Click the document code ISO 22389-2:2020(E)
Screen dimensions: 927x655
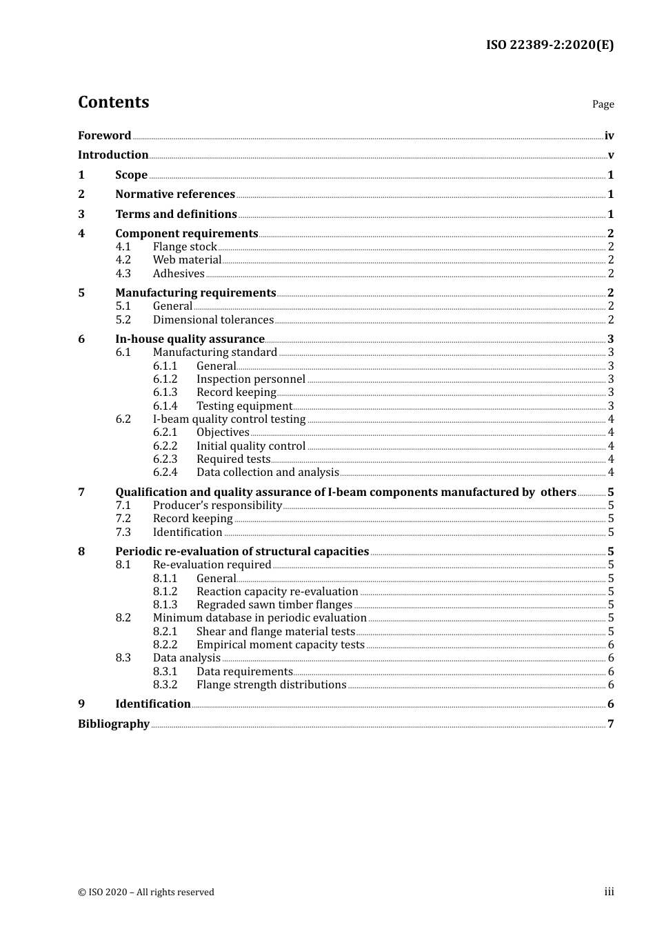[550, 45]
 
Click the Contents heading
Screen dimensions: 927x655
[113, 102]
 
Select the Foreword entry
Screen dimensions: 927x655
[104, 136]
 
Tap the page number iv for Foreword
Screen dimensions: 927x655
[609, 136]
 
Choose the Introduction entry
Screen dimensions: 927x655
[113, 155]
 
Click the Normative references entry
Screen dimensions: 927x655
[175, 195]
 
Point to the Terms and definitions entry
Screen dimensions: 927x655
[176, 215]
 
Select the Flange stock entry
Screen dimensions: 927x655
[185, 247]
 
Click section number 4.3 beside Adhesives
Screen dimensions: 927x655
[123, 274]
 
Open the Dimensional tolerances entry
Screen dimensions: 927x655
[213, 320]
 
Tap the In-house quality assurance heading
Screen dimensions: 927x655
[190, 339]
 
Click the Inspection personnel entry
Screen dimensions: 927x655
[250, 379]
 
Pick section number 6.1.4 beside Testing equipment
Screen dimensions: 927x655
[165, 406]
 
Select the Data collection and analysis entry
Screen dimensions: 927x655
[268, 472]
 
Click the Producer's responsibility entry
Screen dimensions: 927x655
[217, 506]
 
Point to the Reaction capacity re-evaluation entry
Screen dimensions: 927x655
[277, 592]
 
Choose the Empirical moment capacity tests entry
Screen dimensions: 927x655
[280, 645]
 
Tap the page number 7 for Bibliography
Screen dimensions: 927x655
[610, 724]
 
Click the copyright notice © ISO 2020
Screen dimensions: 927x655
[145, 893]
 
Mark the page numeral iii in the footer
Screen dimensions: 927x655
[609, 892]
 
